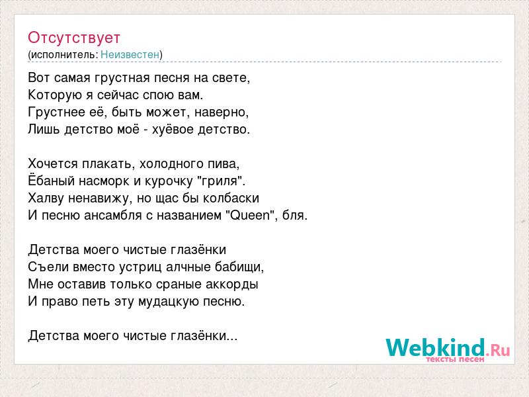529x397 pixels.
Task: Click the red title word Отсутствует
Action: pyautogui.click(x=74, y=38)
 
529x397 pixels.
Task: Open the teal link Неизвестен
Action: pyautogui.click(x=130, y=55)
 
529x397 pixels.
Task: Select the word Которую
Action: pyautogui.click(x=55, y=95)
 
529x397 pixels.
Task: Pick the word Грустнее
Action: pyautogui.click(x=57, y=112)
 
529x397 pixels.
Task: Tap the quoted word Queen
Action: pyautogui.click(x=250, y=216)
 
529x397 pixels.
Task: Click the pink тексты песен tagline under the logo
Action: pyautogui.click(x=455, y=359)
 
